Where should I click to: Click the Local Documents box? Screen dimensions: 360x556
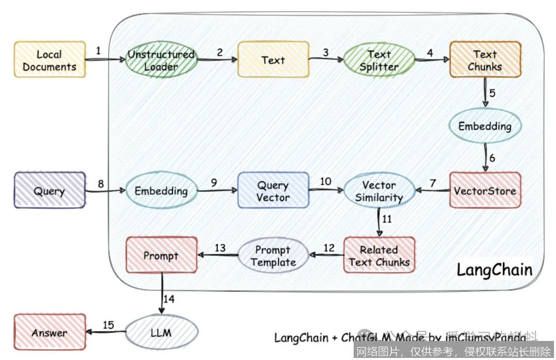pyautogui.click(x=49, y=60)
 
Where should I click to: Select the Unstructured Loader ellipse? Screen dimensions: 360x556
pyautogui.click(x=161, y=60)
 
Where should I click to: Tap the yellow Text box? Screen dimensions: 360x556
pyautogui.click(x=273, y=60)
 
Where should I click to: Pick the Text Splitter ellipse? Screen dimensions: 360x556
pyautogui.click(x=379, y=60)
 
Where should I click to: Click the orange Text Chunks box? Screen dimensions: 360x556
pyautogui.click(x=485, y=60)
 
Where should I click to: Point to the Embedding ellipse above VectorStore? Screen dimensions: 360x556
pyautogui.click(x=485, y=126)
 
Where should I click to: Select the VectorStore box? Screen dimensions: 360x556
pyautogui.click(x=485, y=191)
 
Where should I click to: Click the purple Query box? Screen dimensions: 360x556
pyautogui.click(x=49, y=191)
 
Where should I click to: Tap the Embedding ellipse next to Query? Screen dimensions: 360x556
pyautogui.click(x=161, y=191)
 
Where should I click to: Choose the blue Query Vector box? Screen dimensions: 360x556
pyautogui.click(x=273, y=191)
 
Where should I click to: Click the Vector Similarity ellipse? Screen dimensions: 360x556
pyautogui.click(x=379, y=191)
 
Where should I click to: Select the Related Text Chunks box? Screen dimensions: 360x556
pyautogui.click(x=379, y=255)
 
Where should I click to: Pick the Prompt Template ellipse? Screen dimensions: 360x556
pyautogui.click(x=273, y=255)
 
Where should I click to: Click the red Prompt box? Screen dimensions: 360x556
pyautogui.click(x=161, y=255)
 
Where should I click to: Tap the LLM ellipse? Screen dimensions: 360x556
pyautogui.click(x=161, y=332)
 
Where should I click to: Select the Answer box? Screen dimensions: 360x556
pyautogui.click(x=49, y=332)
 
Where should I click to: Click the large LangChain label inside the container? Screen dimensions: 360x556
pyautogui.click(x=494, y=270)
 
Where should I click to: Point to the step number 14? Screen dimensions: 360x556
pyautogui.click(x=169, y=299)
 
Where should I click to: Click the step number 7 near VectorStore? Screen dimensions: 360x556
pyautogui.click(x=432, y=183)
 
